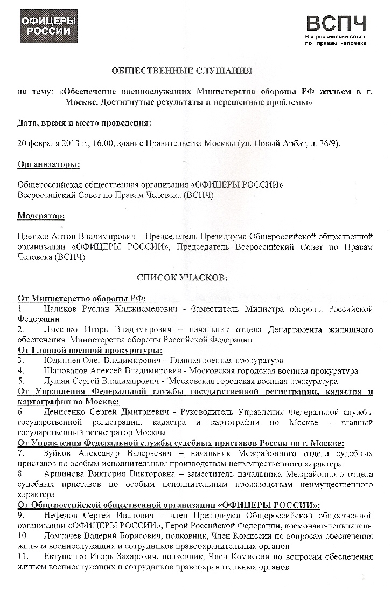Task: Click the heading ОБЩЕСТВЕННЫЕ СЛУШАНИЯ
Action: coord(181,71)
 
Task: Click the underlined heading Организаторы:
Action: coord(49,163)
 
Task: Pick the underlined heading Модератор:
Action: coord(41,216)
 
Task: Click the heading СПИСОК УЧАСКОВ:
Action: coord(182,278)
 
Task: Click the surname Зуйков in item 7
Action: coord(61,453)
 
